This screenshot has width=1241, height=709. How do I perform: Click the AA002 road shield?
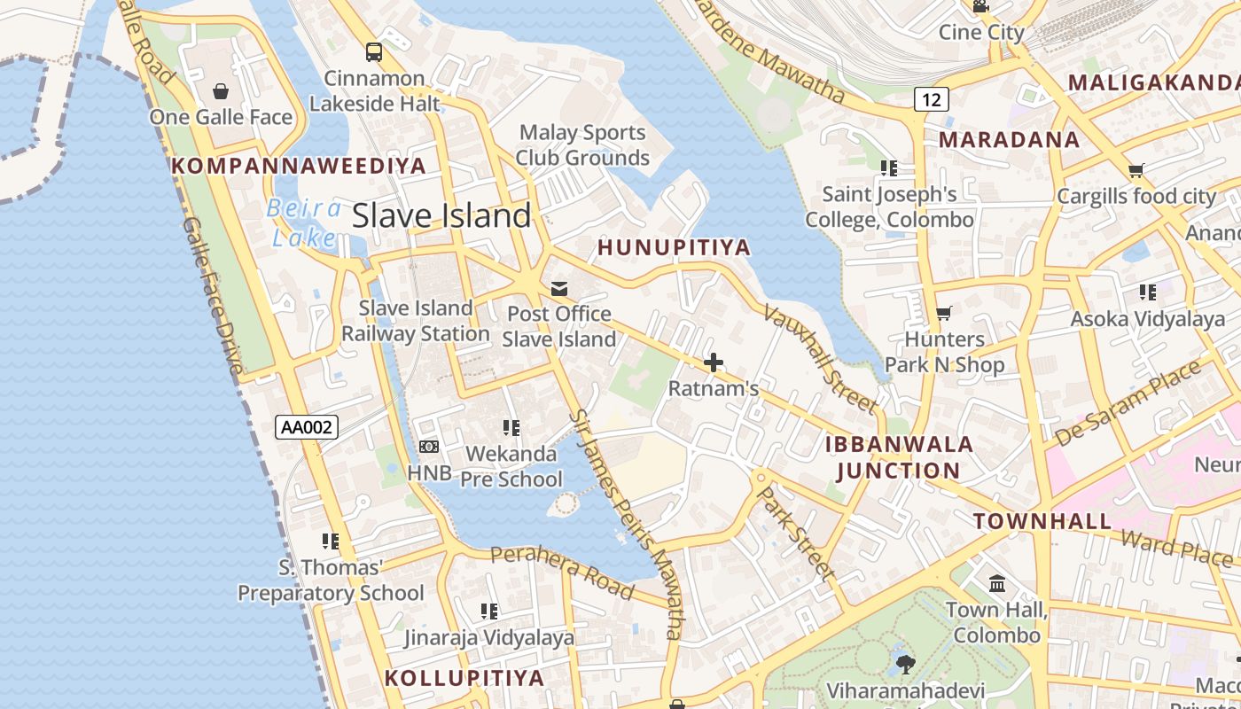point(307,427)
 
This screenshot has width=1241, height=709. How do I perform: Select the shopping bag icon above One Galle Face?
point(220,91)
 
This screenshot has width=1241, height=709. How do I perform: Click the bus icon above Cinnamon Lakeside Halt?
point(374,52)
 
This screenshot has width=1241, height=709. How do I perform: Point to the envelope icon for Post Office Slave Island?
point(559,289)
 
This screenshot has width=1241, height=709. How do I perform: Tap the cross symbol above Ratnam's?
point(713,362)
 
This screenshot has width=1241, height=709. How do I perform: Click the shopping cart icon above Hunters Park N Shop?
point(944,314)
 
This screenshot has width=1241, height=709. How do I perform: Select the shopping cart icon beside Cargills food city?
point(1136,170)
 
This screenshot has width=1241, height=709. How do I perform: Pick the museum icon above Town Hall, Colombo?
point(997,584)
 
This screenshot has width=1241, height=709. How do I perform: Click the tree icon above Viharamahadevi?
point(905,664)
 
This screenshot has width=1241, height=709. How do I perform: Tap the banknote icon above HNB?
point(429,447)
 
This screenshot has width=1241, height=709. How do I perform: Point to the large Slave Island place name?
point(441,216)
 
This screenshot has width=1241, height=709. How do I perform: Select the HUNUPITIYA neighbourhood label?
point(675,247)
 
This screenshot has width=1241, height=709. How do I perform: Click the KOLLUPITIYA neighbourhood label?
point(464,678)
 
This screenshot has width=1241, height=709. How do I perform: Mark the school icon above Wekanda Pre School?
point(511,428)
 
